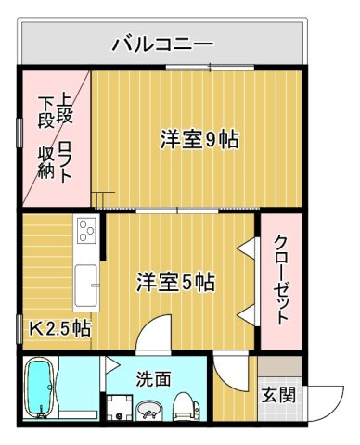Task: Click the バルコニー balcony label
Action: (x=163, y=43)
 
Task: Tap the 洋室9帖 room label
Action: (x=199, y=140)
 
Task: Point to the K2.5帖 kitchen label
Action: (x=58, y=328)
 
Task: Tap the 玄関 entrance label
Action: (x=277, y=394)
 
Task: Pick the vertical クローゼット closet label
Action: (x=280, y=278)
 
